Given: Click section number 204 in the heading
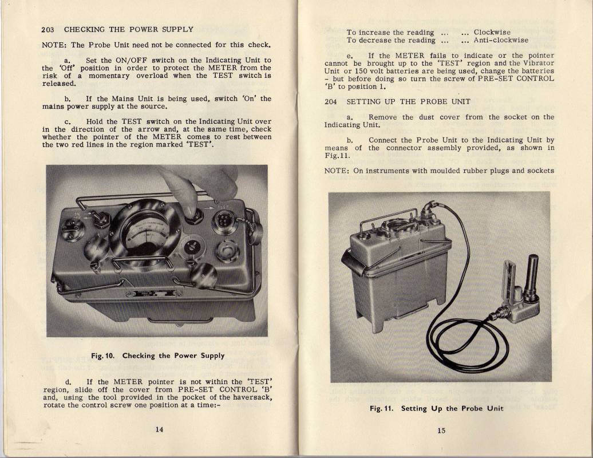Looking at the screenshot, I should pyautogui.click(x=331, y=102).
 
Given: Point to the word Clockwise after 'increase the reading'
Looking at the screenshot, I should pyautogui.click(x=492, y=32).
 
